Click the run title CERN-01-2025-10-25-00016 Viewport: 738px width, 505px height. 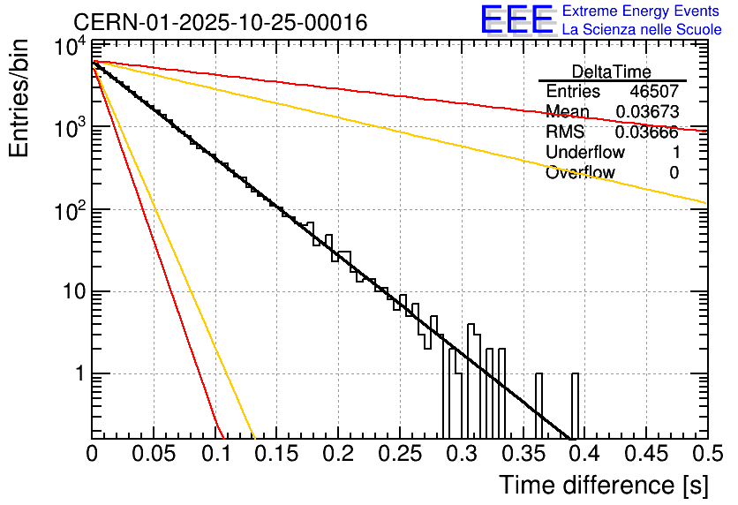(220, 22)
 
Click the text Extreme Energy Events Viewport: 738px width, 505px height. (642, 11)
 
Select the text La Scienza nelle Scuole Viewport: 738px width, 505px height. (642, 30)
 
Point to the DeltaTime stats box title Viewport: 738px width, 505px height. (612, 72)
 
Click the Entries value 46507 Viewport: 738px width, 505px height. (654, 92)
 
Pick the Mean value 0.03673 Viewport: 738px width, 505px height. (647, 112)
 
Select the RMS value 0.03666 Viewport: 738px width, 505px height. (647, 132)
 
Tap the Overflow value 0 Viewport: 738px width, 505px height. (674, 173)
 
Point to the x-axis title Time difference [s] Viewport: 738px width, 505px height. (604, 485)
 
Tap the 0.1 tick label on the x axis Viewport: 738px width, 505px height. (215, 455)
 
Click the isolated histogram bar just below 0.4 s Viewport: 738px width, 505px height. (575, 405)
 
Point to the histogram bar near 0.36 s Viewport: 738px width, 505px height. (538, 405)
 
